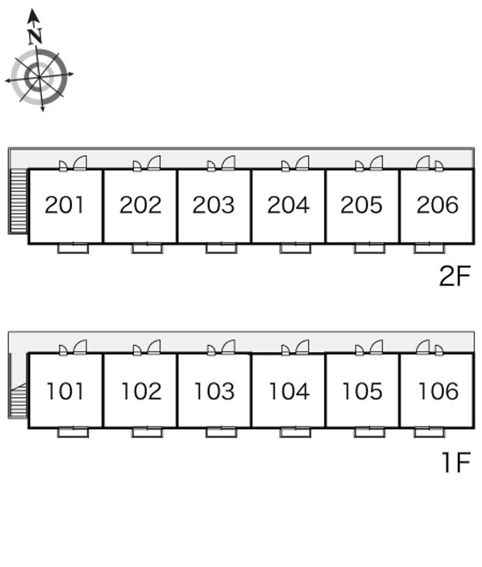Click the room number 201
(64, 204)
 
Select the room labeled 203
(213, 204)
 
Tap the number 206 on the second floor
(437, 204)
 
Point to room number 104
(289, 391)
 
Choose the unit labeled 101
(65, 391)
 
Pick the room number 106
(438, 391)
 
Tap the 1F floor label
(457, 462)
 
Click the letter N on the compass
(35, 36)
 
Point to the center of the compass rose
(39, 77)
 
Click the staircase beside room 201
(19, 202)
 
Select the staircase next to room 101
(19, 401)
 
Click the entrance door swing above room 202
(154, 163)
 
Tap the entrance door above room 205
(376, 163)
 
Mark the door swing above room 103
(228, 347)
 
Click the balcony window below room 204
(295, 249)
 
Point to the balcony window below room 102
(147, 432)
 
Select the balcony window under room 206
(429, 249)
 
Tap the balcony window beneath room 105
(369, 432)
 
